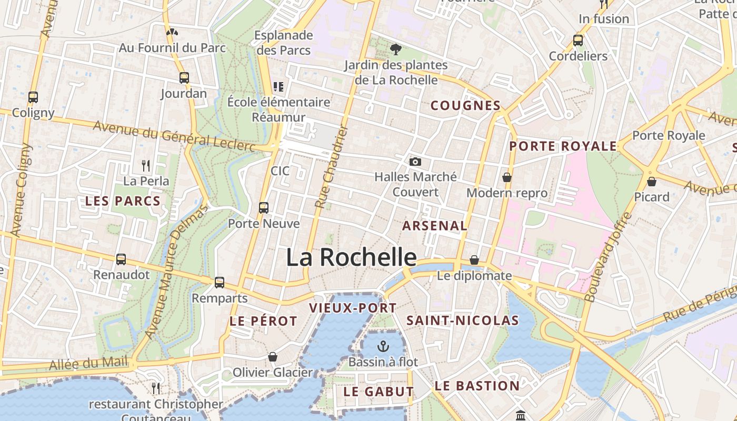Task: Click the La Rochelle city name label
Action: click(351, 257)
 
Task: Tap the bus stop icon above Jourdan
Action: click(184, 78)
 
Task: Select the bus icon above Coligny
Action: click(33, 97)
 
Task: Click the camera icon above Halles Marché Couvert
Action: click(415, 162)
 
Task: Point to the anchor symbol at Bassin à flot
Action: click(383, 346)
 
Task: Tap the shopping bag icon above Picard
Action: click(652, 182)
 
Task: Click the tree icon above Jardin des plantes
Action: click(395, 49)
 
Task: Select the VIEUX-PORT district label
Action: click(353, 308)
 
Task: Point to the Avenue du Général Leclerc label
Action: click(174, 136)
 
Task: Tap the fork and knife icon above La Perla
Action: click(146, 166)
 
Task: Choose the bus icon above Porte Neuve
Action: click(264, 208)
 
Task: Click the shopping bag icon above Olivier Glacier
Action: click(273, 357)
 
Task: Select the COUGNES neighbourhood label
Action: click(465, 105)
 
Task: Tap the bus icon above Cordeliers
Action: click(578, 41)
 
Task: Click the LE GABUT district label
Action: click(379, 392)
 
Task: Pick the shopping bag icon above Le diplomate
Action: click(474, 260)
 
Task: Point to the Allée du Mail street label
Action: click(88, 363)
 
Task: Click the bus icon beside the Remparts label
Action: click(220, 283)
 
